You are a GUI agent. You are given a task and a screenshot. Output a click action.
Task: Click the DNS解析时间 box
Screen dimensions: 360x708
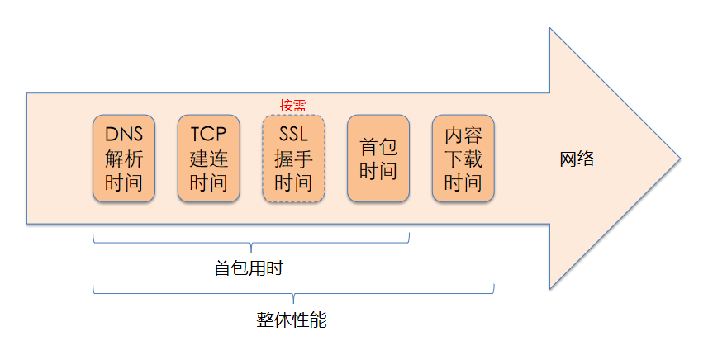(x=124, y=159)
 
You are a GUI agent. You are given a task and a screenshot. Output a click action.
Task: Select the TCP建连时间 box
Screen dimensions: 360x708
(x=208, y=159)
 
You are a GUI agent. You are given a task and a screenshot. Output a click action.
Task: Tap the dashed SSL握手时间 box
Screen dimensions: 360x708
(x=293, y=159)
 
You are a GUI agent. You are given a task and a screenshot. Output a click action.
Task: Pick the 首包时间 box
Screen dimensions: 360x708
(x=378, y=159)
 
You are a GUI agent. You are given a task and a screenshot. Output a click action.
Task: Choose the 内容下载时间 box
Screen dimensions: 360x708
(x=463, y=159)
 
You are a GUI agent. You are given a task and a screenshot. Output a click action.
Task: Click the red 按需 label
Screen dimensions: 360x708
(x=292, y=106)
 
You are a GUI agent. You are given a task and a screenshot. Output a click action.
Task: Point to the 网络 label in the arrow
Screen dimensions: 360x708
(x=577, y=159)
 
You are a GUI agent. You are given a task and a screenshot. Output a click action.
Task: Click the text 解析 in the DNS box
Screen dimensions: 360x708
(x=124, y=159)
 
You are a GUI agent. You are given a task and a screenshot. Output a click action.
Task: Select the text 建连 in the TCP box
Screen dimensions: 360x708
(x=208, y=159)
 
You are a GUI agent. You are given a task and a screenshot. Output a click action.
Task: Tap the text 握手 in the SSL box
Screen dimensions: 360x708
(x=293, y=159)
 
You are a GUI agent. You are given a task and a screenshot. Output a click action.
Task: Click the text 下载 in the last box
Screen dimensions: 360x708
(x=463, y=159)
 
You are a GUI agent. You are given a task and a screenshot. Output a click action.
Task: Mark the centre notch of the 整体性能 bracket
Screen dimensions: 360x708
(x=293, y=298)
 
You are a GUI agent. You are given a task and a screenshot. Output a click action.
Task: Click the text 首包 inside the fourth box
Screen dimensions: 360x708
(x=378, y=147)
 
